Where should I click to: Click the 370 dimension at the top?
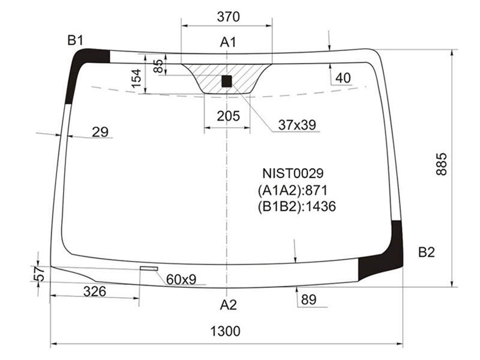[x=229, y=17]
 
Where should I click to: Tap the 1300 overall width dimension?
[x=226, y=331]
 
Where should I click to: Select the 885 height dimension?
[x=442, y=164]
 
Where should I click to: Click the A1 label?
[x=229, y=42]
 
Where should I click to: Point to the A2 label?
[x=229, y=305]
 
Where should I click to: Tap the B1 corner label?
[x=76, y=40]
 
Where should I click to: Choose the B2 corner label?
[x=427, y=252]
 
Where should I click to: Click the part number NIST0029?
[x=293, y=173]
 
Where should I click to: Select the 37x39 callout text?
[x=297, y=125]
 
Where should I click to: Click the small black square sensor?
[x=227, y=82]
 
